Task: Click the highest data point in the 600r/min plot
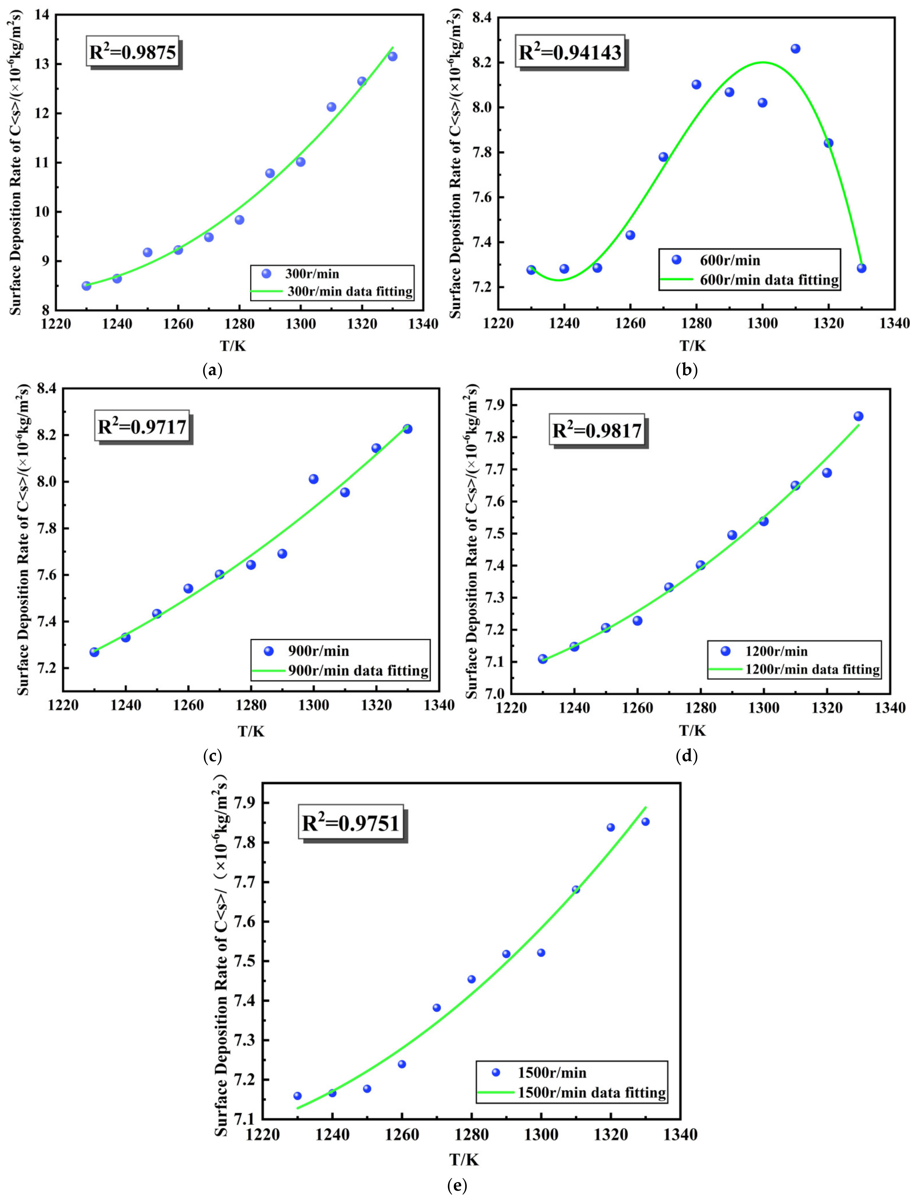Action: coord(795,49)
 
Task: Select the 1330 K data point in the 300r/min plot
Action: coord(392,57)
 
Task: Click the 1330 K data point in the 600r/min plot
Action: coord(861,268)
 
